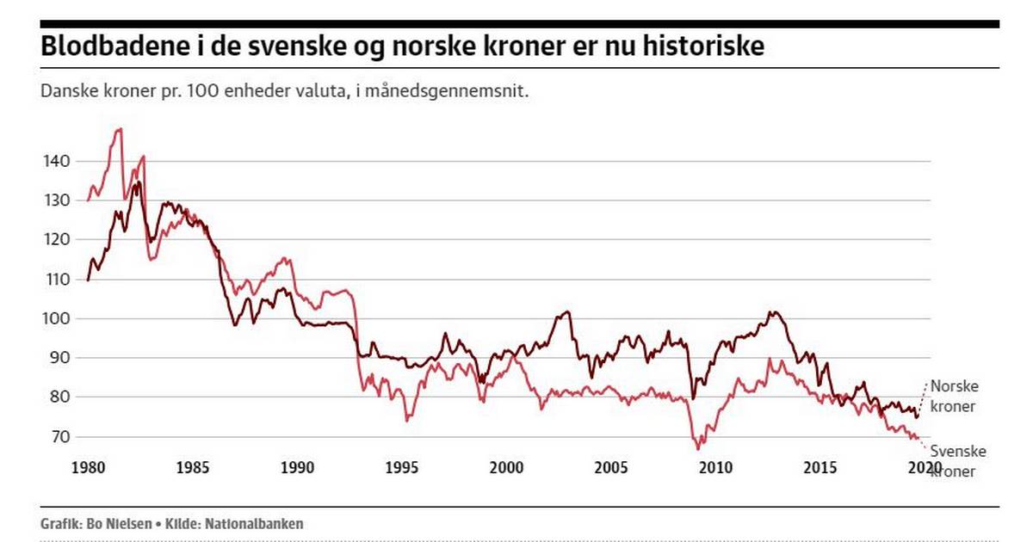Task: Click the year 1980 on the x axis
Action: coord(88,468)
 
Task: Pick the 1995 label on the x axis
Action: coord(402,468)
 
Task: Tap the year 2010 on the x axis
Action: coord(715,468)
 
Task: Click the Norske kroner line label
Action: coord(954,396)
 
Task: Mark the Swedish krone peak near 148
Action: coord(120,129)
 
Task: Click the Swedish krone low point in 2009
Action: coord(698,448)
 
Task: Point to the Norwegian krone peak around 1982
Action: coord(137,182)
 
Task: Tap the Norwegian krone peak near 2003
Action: coord(566,311)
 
